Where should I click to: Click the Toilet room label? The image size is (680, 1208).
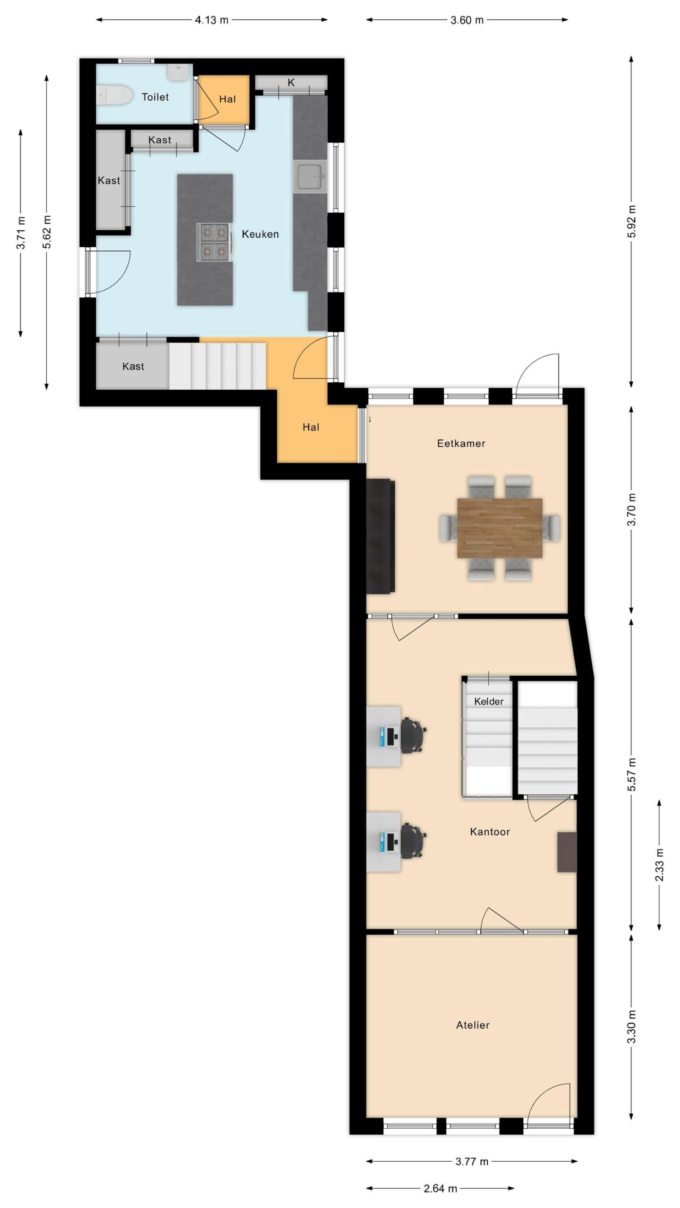(x=155, y=97)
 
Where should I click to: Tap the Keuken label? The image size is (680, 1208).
(x=260, y=234)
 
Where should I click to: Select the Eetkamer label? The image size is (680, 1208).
(x=461, y=443)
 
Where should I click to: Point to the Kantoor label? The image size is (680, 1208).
(x=490, y=831)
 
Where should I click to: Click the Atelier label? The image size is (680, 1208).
(x=473, y=1025)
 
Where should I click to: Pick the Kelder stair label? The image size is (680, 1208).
(x=489, y=701)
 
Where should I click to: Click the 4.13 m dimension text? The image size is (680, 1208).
(x=212, y=20)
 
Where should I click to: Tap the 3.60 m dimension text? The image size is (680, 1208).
(x=467, y=20)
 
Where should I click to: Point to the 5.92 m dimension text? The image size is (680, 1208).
(x=632, y=222)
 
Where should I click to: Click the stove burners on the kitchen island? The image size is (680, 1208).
(x=213, y=243)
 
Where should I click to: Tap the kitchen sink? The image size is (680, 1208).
(x=309, y=176)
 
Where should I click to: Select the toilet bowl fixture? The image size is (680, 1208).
(x=114, y=96)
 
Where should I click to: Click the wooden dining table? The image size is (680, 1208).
(x=500, y=528)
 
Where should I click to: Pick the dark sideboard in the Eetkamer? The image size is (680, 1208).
(x=380, y=536)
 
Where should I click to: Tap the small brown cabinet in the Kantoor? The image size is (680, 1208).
(x=567, y=852)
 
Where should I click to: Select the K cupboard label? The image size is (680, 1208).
(x=291, y=83)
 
